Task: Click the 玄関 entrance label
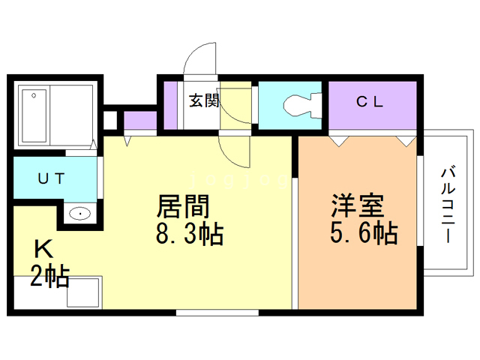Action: pos(204,100)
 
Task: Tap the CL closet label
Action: pos(370,102)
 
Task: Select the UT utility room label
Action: pos(51,178)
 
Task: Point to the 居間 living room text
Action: pos(183,206)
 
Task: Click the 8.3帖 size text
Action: pos(190,234)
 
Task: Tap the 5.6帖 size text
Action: pos(364,232)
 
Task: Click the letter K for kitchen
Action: pos(43,249)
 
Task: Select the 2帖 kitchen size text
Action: pos(49,277)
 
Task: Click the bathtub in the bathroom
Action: pos(34,116)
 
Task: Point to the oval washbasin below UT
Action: pos(80,213)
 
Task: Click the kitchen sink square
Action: pos(83,292)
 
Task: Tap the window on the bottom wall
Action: pos(217,313)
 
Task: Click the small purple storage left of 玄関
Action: pos(170,105)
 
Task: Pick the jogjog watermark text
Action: pos(238,180)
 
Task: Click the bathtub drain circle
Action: pos(34,95)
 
